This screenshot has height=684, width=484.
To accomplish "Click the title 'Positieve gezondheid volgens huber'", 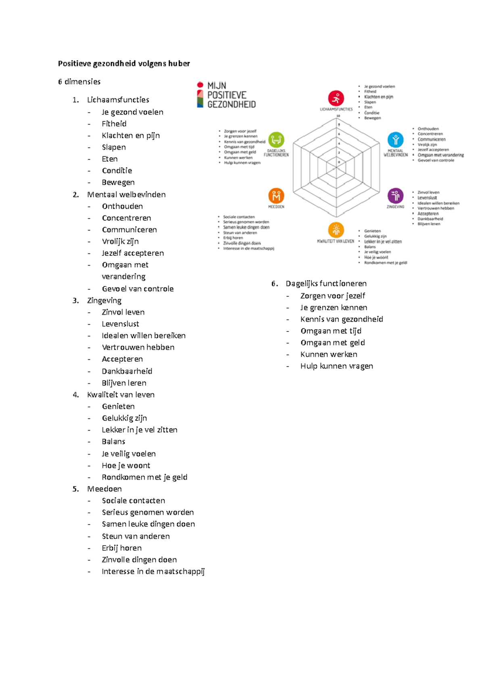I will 124,64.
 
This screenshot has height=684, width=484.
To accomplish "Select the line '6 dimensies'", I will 79,82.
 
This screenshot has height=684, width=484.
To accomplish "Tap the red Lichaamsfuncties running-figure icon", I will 336,98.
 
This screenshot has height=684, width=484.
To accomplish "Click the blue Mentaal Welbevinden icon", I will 395,140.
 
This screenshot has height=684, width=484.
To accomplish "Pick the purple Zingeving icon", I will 395,196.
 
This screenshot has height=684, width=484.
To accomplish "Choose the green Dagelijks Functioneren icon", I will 276,140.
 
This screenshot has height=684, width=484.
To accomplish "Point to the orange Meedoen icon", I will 276,196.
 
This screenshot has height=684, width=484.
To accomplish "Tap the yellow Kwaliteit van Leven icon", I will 336,230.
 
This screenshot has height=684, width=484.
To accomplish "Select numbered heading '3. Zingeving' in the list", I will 104,301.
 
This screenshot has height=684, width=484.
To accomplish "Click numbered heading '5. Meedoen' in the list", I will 104,489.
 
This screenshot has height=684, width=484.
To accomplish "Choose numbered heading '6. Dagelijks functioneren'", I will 326,284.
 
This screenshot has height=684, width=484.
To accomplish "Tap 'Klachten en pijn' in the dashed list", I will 131,136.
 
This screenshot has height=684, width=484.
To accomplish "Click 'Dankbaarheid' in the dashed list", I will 127,371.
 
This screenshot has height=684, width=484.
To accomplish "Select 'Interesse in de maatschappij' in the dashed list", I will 153,572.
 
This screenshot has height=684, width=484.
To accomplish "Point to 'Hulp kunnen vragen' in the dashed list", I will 336,366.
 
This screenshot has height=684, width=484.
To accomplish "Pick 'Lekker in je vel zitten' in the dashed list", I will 140,430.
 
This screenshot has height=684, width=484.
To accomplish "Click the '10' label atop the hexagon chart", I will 338,116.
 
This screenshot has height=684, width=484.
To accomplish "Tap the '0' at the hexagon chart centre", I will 339,162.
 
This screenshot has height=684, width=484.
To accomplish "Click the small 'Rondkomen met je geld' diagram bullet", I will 386,263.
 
